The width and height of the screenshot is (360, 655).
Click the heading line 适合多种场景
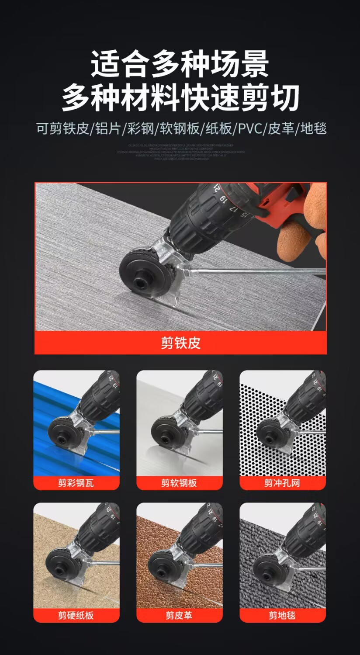click(x=180, y=64)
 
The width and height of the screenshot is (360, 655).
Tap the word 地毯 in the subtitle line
click(x=313, y=129)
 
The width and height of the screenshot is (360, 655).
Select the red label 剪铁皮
click(x=180, y=343)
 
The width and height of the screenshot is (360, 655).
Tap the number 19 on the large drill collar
click(x=223, y=200)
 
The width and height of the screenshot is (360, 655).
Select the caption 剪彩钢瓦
click(x=76, y=483)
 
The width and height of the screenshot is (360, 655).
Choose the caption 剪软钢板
click(x=179, y=483)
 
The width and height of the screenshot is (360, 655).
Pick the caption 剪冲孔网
click(x=282, y=483)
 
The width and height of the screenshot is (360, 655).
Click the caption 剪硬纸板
click(x=76, y=615)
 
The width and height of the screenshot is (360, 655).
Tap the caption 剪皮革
click(x=179, y=615)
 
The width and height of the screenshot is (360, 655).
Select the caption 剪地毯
click(x=282, y=615)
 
